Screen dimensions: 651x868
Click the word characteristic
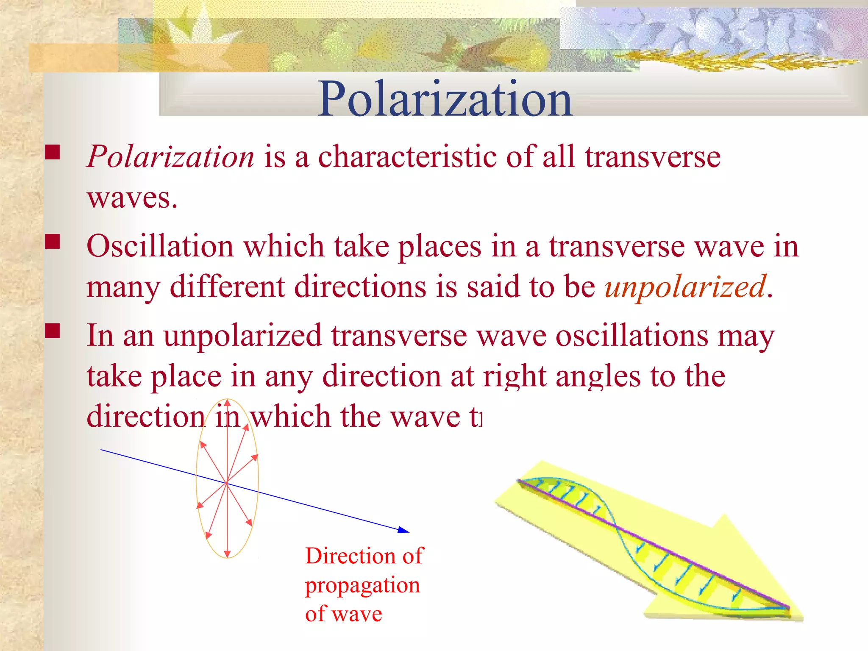pyautogui.click(x=407, y=157)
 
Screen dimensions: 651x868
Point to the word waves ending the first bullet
pyautogui.click(x=131, y=198)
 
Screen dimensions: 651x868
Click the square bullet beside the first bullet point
pyautogui.click(x=52, y=152)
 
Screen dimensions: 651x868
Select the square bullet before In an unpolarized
pyautogui.click(x=52, y=331)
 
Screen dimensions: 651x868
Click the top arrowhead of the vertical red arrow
pyautogui.click(x=227, y=402)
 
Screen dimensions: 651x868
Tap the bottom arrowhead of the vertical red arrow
pyautogui.click(x=227, y=554)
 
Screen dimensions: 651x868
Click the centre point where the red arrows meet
pyautogui.click(x=227, y=482)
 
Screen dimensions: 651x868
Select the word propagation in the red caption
pyautogui.click(x=362, y=585)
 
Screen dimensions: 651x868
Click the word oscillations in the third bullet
pyautogui.click(x=632, y=336)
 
